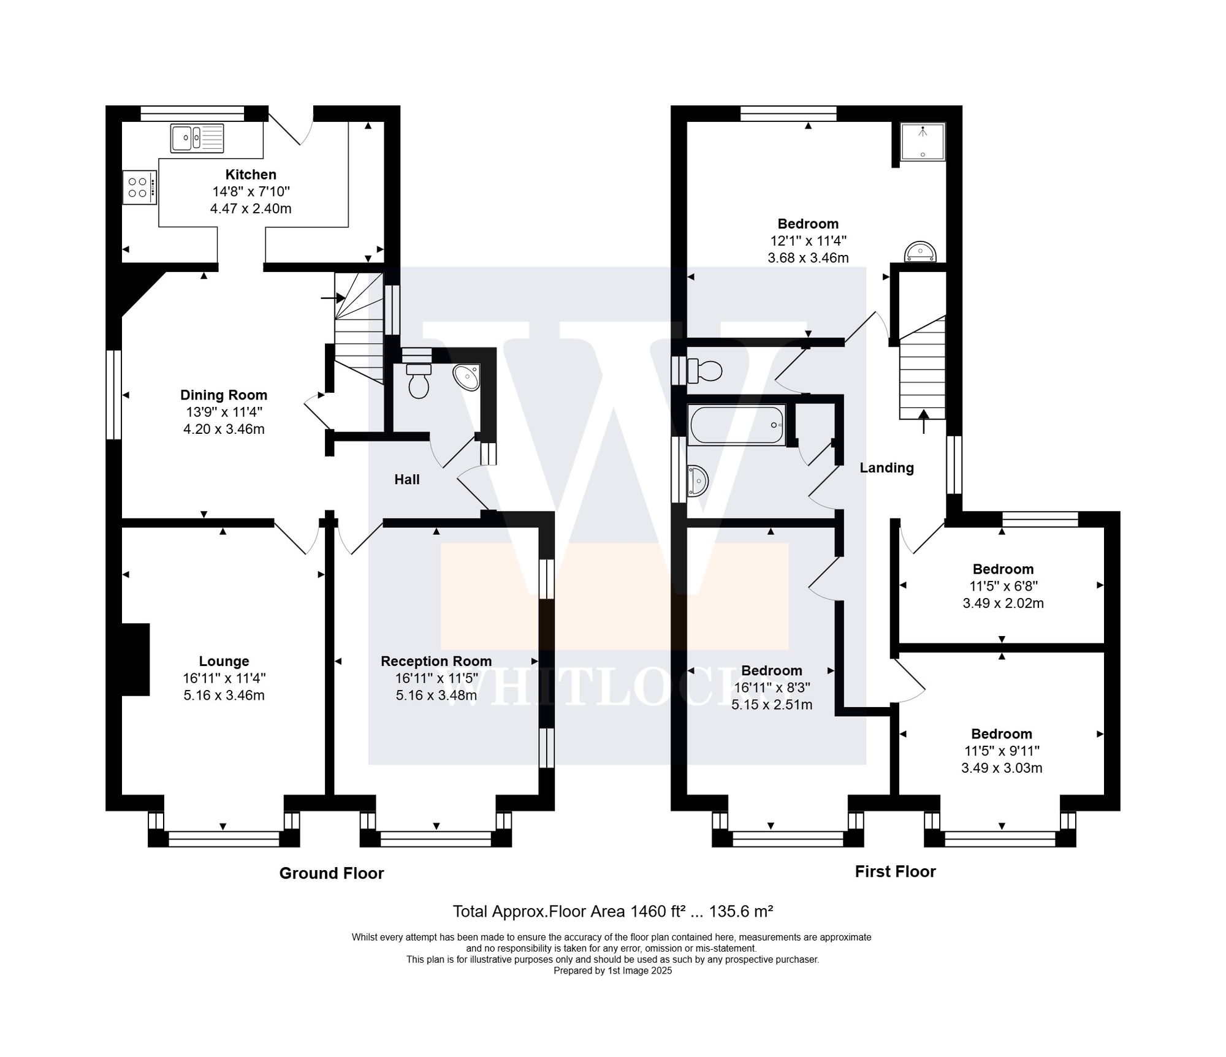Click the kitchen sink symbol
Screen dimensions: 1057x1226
coord(197,138)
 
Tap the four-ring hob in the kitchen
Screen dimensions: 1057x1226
coord(139,188)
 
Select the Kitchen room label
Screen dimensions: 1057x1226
coord(251,175)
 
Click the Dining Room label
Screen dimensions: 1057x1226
coord(224,395)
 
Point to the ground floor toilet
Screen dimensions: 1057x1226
coord(419,380)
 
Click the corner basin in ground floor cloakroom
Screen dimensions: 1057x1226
coord(468,377)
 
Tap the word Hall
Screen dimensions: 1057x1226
coord(407,480)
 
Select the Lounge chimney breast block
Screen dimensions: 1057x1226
coord(135,659)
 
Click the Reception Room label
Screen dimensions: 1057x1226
coord(436,661)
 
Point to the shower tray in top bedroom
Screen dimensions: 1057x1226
coord(923,142)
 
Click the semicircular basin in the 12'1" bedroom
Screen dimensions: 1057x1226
coord(921,252)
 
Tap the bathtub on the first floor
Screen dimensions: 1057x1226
coord(737,425)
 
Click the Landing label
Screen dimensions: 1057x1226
coord(886,468)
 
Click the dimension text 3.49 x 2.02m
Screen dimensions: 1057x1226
coord(1003,603)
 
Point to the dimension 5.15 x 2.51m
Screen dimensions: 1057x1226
coord(772,705)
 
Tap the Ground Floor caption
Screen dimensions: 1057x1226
coord(332,873)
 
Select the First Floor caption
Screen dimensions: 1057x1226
coord(895,871)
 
